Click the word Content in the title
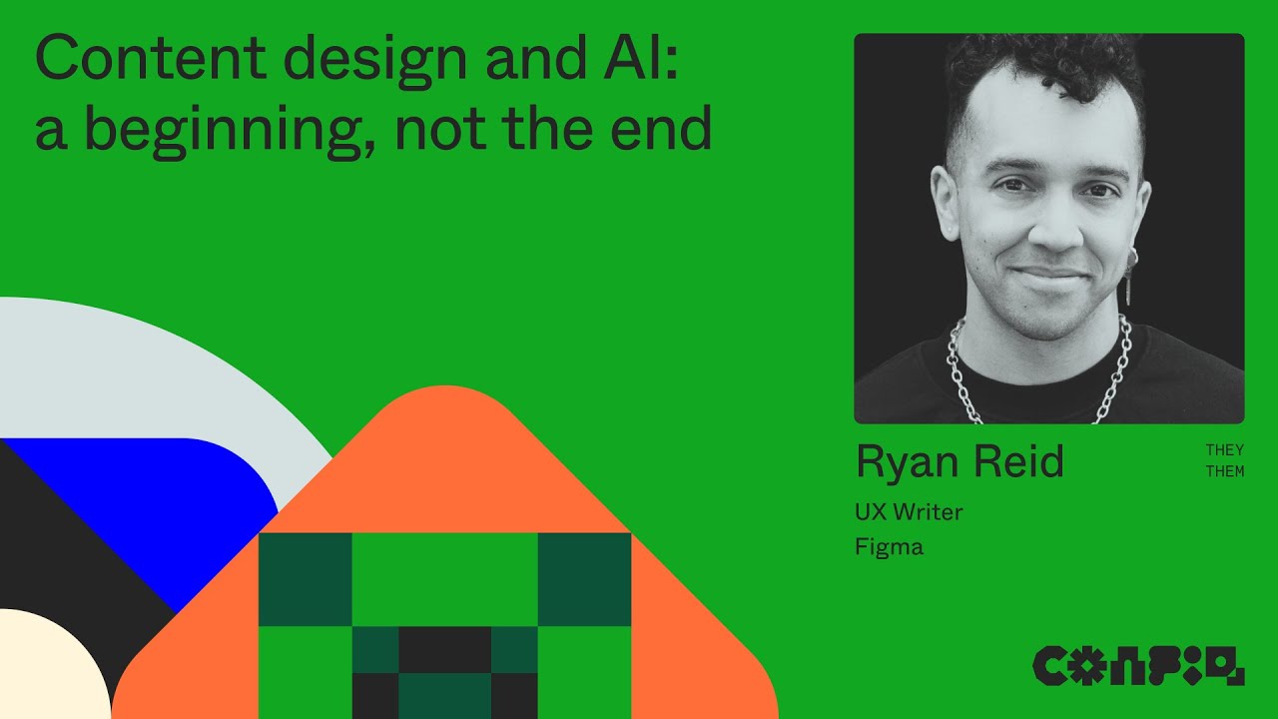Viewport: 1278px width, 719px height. tap(140, 59)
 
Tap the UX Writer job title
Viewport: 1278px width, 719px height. tap(909, 512)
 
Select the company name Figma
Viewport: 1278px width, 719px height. tap(889, 547)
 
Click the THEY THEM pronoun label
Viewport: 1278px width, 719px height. tap(1224, 461)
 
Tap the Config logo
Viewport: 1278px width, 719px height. tap(1138, 665)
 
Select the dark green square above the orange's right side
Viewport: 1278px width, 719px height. tap(584, 579)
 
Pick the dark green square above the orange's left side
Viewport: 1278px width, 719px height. tap(305, 579)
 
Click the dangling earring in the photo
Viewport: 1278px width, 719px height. tap(1130, 283)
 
